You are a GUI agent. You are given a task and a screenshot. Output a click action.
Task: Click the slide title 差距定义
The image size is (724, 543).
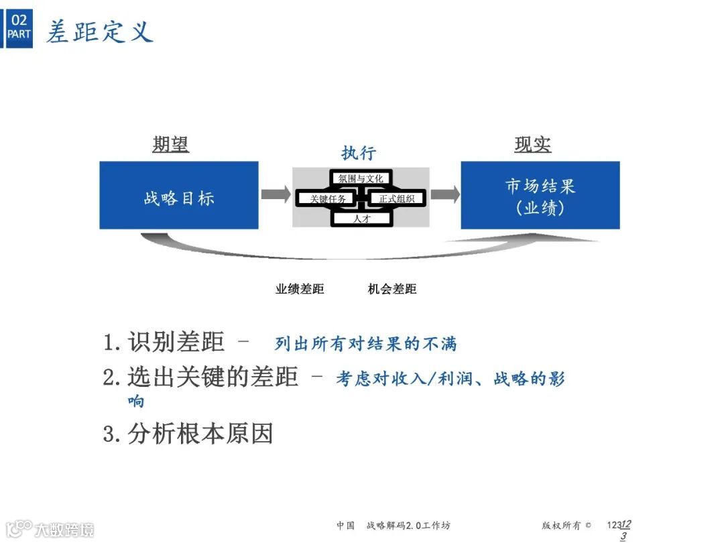(x=99, y=32)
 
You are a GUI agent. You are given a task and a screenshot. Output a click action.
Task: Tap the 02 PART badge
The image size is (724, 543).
(x=19, y=27)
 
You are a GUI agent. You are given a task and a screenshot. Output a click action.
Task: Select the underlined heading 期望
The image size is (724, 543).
(x=170, y=144)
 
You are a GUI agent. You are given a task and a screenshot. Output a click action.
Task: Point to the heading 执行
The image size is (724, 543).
(x=359, y=152)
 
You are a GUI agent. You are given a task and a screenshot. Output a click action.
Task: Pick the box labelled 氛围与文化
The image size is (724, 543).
(x=361, y=179)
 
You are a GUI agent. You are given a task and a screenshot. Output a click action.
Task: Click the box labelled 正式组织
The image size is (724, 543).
(x=397, y=198)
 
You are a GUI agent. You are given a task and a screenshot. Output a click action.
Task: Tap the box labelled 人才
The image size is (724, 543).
(x=361, y=218)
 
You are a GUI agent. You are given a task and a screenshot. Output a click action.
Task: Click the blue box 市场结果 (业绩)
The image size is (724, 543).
(x=540, y=196)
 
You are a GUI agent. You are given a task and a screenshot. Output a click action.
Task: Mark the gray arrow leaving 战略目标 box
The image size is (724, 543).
(x=276, y=194)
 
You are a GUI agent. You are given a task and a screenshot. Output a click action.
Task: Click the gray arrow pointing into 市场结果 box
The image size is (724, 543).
(x=444, y=194)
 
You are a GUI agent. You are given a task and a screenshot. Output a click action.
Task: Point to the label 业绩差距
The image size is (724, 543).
(x=300, y=289)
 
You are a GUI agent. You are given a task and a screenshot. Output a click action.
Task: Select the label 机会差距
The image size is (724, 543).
(x=392, y=289)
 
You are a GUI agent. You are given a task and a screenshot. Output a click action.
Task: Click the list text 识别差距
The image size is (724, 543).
(x=176, y=342)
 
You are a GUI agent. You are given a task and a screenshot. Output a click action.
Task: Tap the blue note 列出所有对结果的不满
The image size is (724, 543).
(x=365, y=344)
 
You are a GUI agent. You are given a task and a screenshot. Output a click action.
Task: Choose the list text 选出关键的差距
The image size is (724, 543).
(x=213, y=377)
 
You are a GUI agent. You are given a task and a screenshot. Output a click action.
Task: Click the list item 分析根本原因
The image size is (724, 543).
(x=200, y=434)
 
